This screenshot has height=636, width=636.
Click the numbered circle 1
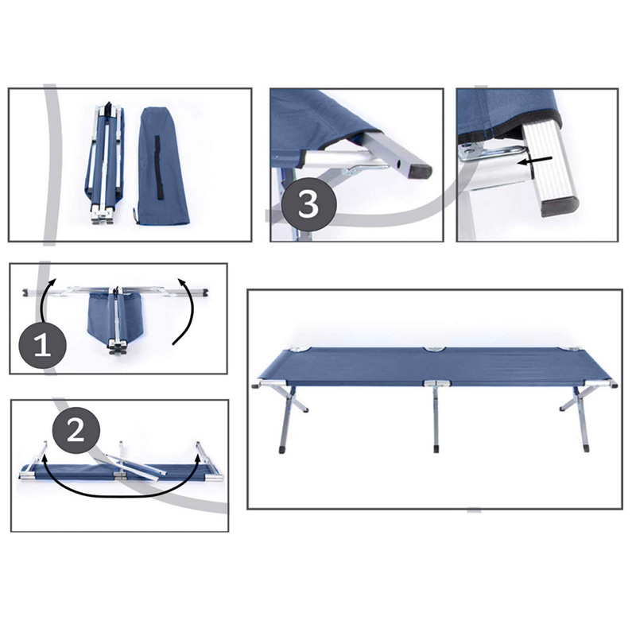coord(43,344)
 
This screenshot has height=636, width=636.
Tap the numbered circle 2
coord(76,430)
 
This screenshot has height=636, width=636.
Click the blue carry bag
coord(165,165)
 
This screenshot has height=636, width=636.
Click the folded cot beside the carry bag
coord(105,162)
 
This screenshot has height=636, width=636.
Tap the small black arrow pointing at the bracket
coord(534,161)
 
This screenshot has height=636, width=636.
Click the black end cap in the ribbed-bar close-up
coord(560,207)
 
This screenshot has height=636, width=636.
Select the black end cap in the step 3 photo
coord(420,172)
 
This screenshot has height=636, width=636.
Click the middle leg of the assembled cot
coord(436,419)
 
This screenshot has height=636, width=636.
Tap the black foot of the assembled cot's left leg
coord(282,448)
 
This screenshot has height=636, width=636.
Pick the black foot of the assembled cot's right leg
coord(586,448)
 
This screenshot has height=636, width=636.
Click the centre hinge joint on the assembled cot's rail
coord(436,382)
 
